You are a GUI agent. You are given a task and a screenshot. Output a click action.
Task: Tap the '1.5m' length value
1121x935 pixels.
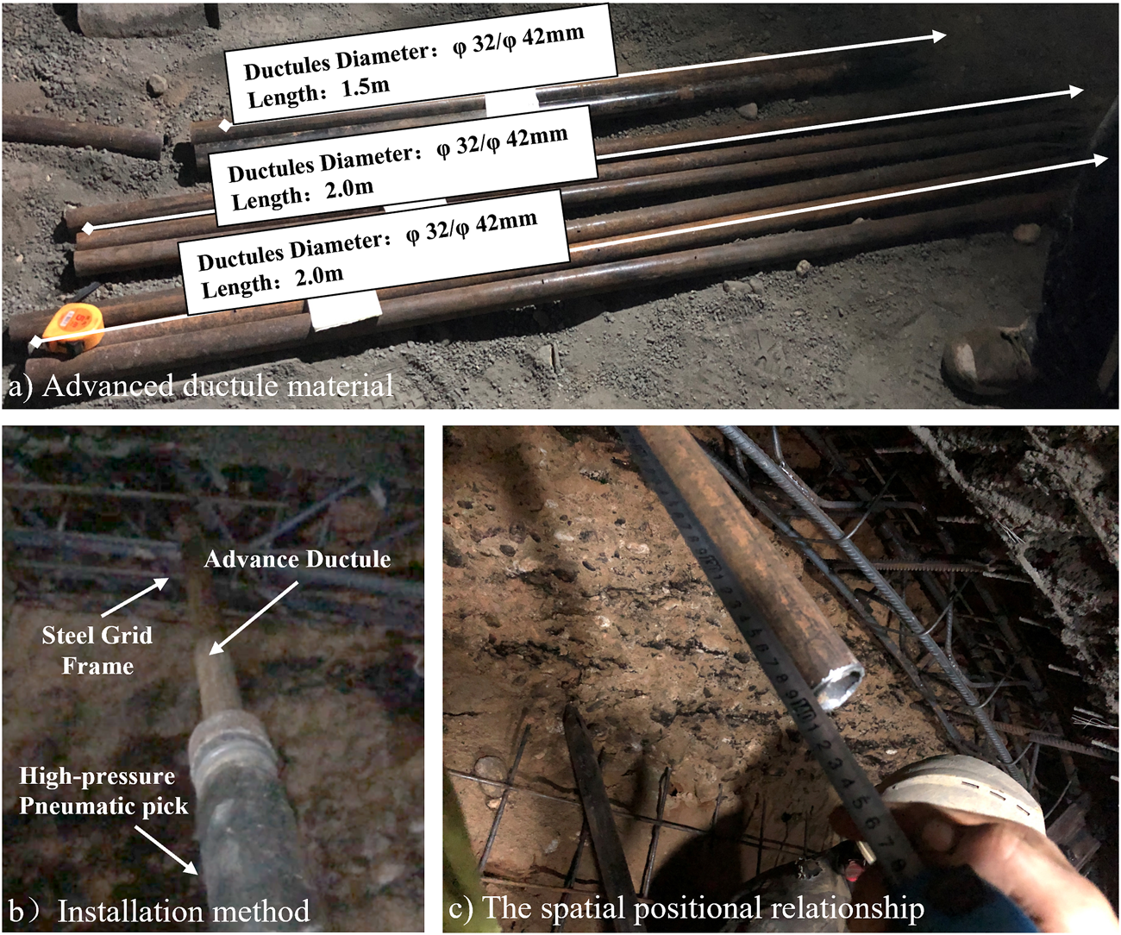pyautogui.click(x=365, y=87)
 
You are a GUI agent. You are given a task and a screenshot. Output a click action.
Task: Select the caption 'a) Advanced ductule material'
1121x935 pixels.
pyautogui.click(x=201, y=386)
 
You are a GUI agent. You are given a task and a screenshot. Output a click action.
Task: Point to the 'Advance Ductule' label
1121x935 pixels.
pyautogui.click(x=297, y=560)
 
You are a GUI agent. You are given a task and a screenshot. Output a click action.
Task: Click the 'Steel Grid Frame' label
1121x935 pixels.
pyautogui.click(x=97, y=650)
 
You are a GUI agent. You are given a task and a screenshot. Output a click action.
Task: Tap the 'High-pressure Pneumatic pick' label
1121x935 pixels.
pyautogui.click(x=103, y=791)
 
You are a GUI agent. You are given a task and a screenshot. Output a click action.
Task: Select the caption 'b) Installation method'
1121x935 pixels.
pyautogui.click(x=160, y=910)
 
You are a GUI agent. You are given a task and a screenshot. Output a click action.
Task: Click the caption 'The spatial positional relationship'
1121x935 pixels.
pyautogui.click(x=704, y=907)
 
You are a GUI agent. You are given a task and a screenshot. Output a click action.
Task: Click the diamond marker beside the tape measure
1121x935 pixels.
pyautogui.click(x=35, y=342)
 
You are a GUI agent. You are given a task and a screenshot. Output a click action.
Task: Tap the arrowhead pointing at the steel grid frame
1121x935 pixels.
pyautogui.click(x=165, y=582)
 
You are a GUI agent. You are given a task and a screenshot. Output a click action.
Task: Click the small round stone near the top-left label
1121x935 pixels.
pyautogui.click(x=157, y=85)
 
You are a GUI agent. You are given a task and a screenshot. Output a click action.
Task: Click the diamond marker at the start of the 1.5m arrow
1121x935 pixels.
pyautogui.click(x=225, y=126)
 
